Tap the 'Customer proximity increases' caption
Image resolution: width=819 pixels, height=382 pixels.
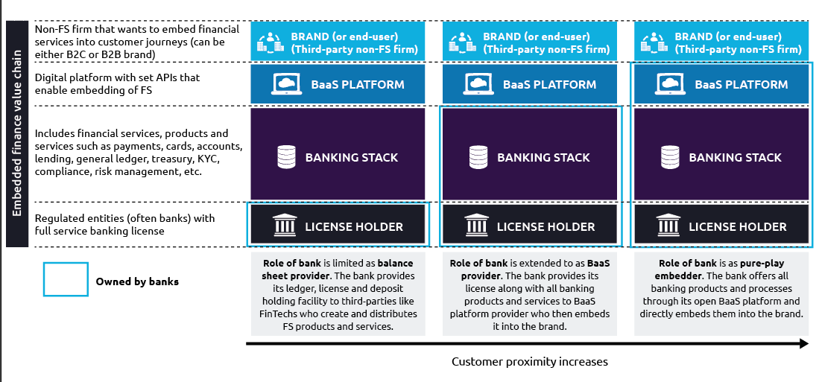tap(529, 362)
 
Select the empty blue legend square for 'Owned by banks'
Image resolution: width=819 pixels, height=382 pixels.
tap(66, 281)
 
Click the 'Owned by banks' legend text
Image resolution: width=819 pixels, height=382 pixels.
tap(137, 281)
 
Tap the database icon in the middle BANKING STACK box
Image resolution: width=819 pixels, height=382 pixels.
tap(478, 157)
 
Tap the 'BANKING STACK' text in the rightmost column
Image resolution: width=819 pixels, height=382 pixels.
tap(735, 158)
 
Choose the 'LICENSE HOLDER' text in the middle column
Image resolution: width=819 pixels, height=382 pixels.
tap(546, 226)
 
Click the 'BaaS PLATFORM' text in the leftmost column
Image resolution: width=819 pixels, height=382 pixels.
tap(358, 85)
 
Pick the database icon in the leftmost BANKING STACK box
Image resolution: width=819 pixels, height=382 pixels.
tap(285, 157)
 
